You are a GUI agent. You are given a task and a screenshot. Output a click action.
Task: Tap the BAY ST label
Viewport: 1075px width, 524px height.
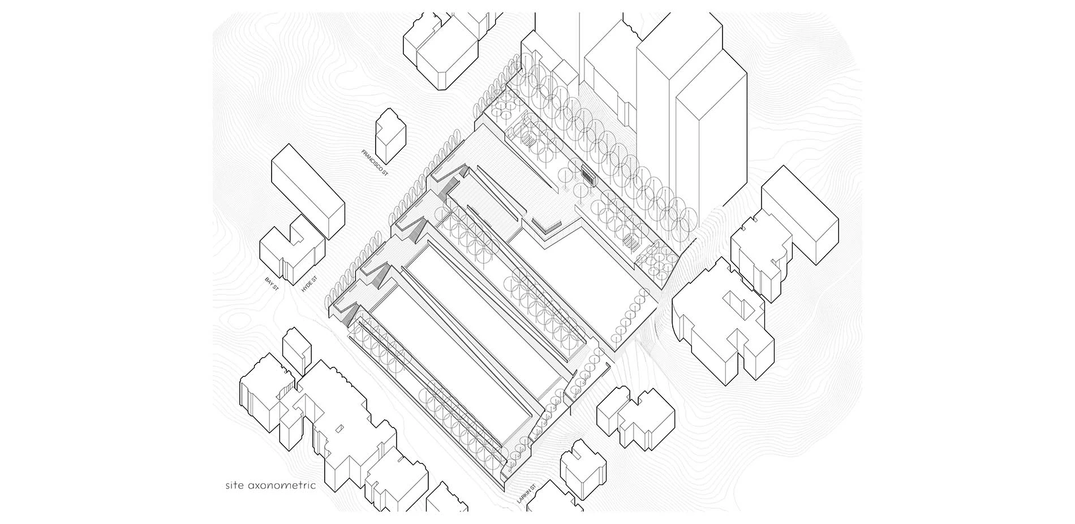pyautogui.click(x=272, y=284)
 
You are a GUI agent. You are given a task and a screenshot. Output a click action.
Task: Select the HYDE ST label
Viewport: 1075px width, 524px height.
pyautogui.click(x=309, y=283)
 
